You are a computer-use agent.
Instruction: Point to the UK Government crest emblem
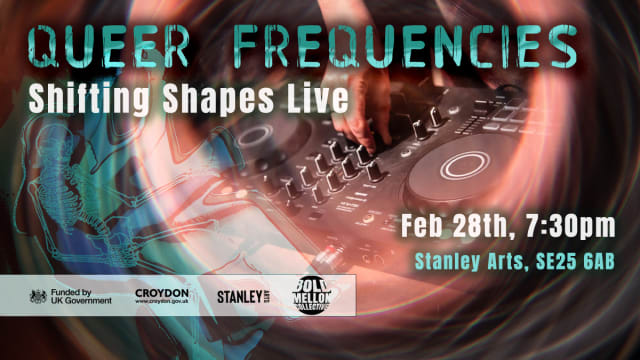click(38, 296)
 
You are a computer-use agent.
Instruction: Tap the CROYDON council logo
click(162, 292)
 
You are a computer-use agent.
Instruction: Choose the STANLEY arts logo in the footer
click(246, 296)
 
